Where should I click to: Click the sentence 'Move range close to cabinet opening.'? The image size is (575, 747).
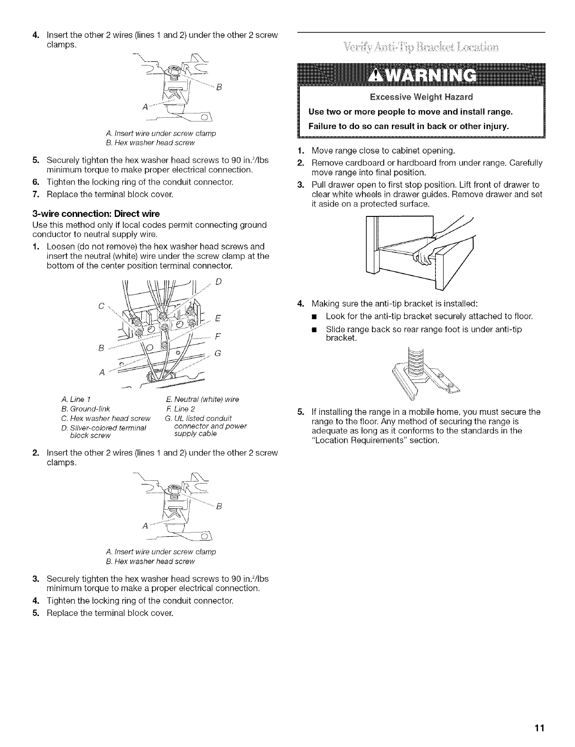tap(383, 151)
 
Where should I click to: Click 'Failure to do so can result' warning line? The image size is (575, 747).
tap(408, 127)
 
